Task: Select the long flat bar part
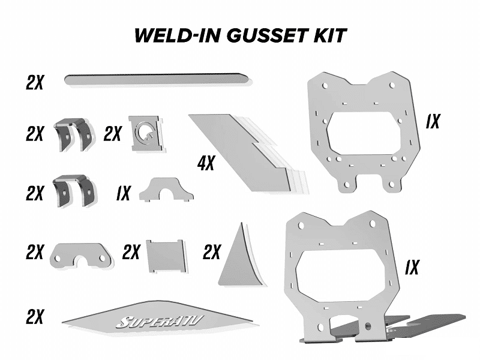[158, 80]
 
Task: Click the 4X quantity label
[206, 163]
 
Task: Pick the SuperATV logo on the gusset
[159, 322]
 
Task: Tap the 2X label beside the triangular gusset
[212, 252]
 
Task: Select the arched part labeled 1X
[166, 190]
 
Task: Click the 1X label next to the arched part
[124, 193]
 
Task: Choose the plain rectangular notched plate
[166, 256]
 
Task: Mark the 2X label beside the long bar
[35, 82]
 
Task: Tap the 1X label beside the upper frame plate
[433, 121]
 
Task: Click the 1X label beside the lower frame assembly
[412, 267]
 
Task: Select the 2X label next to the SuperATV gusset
[35, 317]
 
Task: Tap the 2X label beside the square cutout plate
[112, 133]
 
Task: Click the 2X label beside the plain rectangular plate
[131, 251]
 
